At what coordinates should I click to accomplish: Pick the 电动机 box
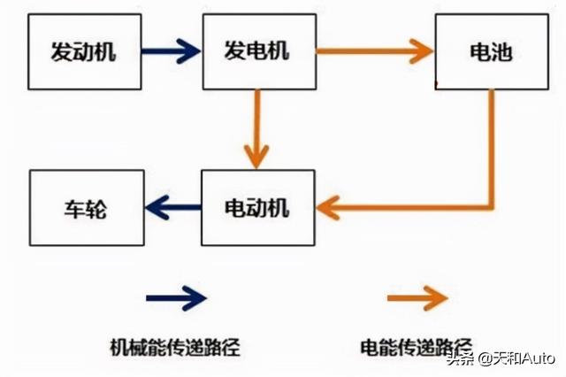click(x=257, y=209)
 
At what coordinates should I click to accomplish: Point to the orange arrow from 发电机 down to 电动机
click(x=257, y=128)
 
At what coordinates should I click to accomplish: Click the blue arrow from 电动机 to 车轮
click(x=172, y=209)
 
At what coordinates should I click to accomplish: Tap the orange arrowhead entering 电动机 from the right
click(x=329, y=209)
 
